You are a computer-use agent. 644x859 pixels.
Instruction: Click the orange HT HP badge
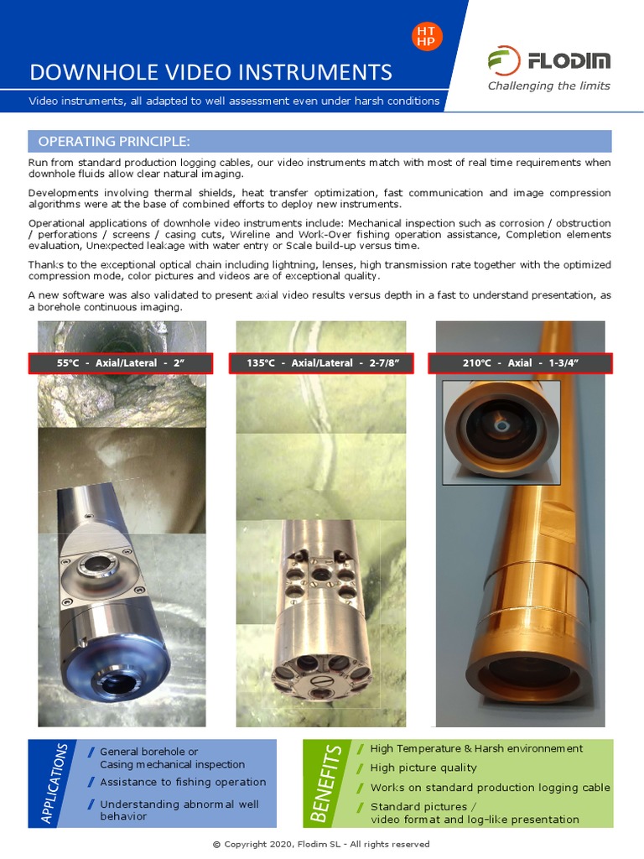427,36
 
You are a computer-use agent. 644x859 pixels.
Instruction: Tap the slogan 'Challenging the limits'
549,86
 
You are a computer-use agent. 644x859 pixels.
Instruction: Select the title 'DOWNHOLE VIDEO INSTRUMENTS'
210,71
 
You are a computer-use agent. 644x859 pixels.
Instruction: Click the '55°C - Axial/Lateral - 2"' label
121,363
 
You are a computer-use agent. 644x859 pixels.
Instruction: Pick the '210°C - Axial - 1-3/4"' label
520,363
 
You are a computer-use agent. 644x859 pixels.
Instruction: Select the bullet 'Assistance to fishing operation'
183,782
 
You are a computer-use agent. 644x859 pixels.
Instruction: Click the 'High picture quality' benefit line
423,768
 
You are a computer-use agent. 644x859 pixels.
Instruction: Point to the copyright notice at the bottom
321,844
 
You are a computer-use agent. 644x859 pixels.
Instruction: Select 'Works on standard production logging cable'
490,788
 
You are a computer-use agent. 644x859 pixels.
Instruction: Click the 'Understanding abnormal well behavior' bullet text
179,810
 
